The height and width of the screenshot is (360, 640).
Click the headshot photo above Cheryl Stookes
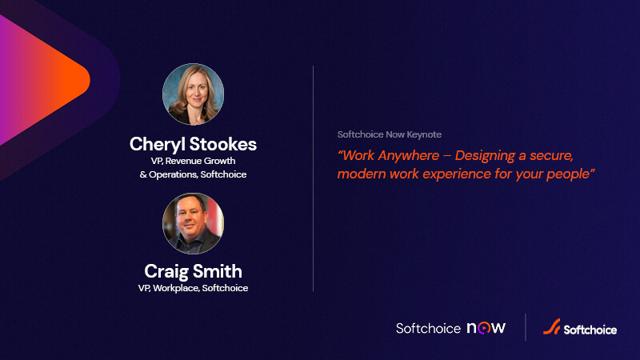tap(193, 95)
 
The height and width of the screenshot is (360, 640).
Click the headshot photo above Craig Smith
tap(193, 223)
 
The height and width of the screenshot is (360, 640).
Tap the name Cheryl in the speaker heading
tap(158, 144)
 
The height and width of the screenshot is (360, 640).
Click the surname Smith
tap(219, 271)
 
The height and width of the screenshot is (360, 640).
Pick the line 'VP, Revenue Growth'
tap(193, 161)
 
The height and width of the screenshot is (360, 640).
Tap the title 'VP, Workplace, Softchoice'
tap(193, 288)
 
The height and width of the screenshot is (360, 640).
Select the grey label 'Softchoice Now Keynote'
tap(390, 134)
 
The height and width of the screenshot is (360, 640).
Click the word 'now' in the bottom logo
tap(486, 328)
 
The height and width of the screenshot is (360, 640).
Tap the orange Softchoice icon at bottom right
tap(550, 328)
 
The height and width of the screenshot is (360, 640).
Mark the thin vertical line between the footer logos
tap(525, 328)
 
